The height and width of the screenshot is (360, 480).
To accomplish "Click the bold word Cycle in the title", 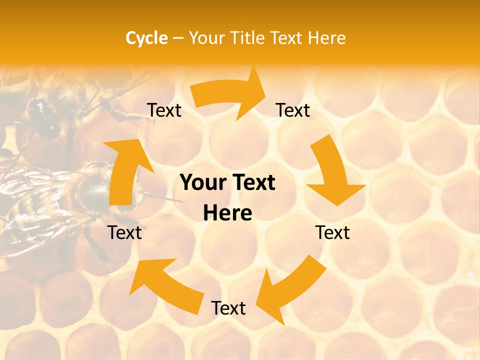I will [146, 38].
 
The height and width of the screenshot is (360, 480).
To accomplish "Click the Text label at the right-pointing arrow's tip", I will [293, 110].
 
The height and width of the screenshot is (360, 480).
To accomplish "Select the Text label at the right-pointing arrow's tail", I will [164, 110].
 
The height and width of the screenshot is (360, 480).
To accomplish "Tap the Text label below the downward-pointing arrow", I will [332, 232].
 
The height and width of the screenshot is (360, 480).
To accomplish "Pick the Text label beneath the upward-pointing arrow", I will [125, 232].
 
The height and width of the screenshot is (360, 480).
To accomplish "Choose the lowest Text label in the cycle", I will [228, 308].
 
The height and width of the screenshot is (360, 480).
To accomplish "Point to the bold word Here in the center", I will [227, 213].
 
